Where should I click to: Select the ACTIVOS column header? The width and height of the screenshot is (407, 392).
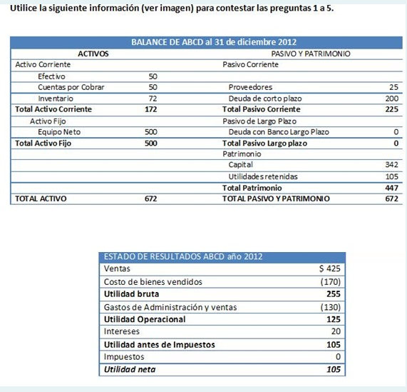pos(92,54)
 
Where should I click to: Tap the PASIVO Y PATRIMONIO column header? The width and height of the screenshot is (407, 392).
pos(314,54)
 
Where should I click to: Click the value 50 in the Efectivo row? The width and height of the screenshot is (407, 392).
pos(153,76)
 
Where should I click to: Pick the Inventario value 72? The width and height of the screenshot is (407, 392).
pos(153,98)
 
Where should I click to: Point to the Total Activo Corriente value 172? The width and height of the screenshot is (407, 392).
pos(150,109)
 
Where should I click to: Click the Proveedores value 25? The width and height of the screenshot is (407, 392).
pos(393,87)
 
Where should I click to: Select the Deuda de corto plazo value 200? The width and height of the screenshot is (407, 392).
pos(391,98)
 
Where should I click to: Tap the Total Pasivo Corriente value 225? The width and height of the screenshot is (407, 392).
pos(391,109)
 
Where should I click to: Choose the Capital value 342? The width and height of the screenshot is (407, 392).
pos(391,165)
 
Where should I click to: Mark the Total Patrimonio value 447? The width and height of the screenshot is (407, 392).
pos(391,187)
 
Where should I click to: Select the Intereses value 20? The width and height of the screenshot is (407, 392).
pos(335,331)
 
